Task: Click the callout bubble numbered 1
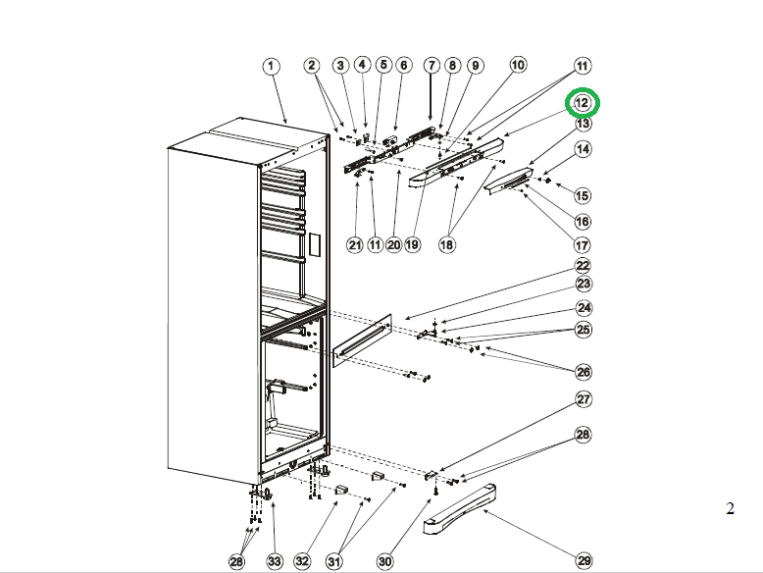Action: pyautogui.click(x=271, y=66)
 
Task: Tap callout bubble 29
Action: pyautogui.click(x=585, y=560)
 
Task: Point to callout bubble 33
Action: pyautogui.click(x=275, y=561)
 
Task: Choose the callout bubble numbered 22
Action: pyautogui.click(x=583, y=266)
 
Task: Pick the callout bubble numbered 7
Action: pyautogui.click(x=432, y=66)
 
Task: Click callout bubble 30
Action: pyautogui.click(x=384, y=561)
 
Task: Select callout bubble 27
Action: pyautogui.click(x=584, y=399)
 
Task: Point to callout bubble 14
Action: pyautogui.click(x=583, y=150)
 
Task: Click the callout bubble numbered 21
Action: pyautogui.click(x=354, y=244)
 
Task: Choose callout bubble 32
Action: pyautogui.click(x=302, y=561)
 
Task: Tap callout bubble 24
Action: pyautogui.click(x=584, y=307)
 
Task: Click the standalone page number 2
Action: pyautogui.click(x=729, y=507)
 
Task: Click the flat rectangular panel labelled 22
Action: pyautogui.click(x=364, y=339)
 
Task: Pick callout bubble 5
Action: pyautogui.click(x=382, y=66)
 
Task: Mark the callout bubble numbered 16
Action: pyautogui.click(x=583, y=222)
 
